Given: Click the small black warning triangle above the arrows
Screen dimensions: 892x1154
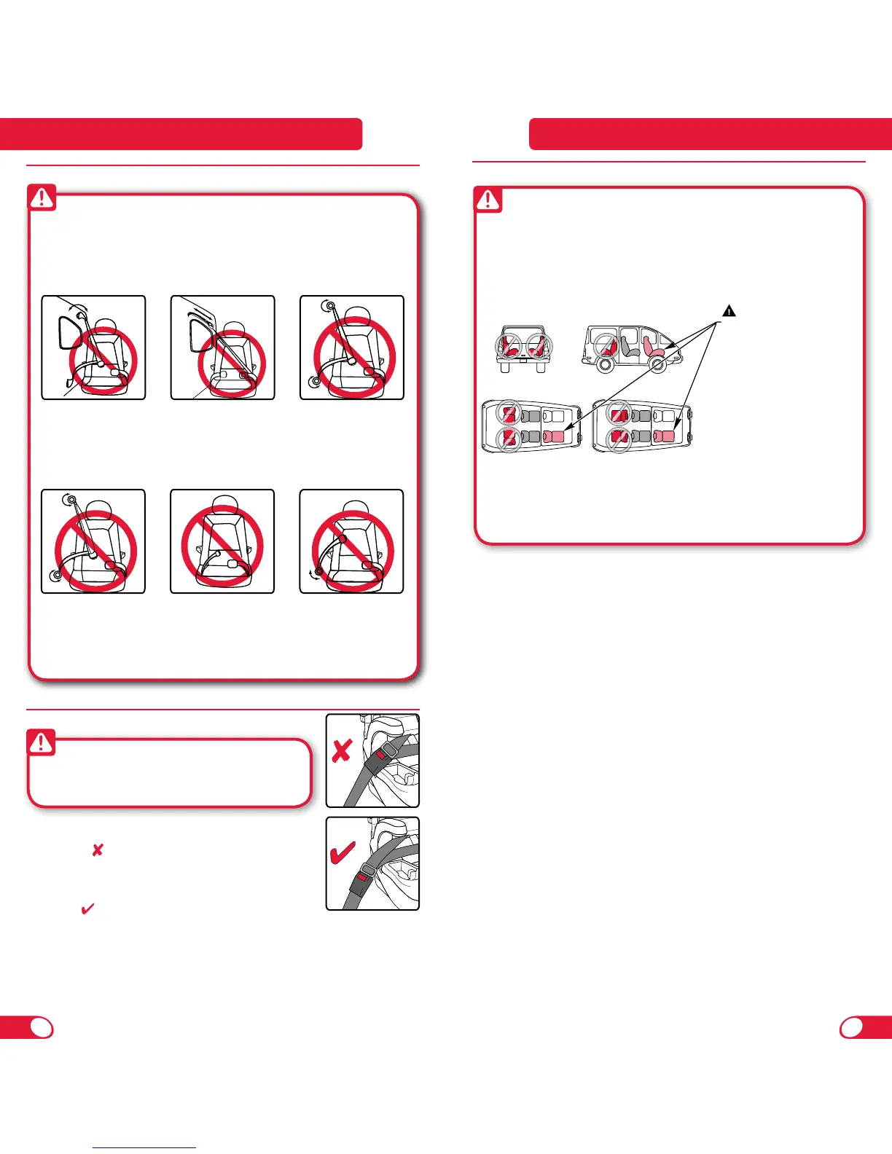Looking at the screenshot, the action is click(728, 311).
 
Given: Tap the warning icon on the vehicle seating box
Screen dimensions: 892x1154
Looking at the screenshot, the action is click(488, 200).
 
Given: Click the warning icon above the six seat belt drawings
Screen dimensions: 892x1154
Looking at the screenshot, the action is click(42, 197).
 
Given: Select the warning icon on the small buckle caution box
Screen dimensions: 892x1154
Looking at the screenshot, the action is click(42, 742).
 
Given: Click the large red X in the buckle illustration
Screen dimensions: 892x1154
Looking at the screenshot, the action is click(342, 751).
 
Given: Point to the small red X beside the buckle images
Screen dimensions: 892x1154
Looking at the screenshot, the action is click(97, 849).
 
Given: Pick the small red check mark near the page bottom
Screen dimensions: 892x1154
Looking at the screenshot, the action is click(87, 909).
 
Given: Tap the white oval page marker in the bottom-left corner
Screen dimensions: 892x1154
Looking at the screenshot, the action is click(42, 1027).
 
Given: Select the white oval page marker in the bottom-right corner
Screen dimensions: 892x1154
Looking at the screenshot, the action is click(851, 1027).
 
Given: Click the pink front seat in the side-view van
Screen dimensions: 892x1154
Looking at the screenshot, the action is click(653, 349).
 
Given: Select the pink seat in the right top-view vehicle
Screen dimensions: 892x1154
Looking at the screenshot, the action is click(665, 436).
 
